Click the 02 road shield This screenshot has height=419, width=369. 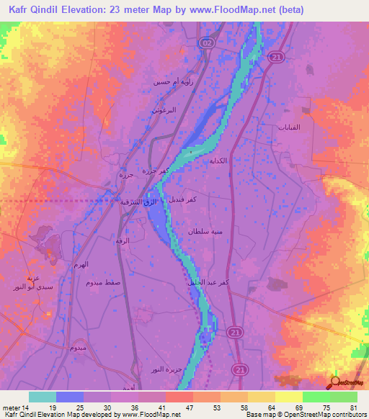tap(208, 43)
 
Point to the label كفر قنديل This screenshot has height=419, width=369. tap(184, 197)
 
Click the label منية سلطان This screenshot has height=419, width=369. tap(204, 233)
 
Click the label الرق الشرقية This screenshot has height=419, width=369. tap(139, 202)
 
